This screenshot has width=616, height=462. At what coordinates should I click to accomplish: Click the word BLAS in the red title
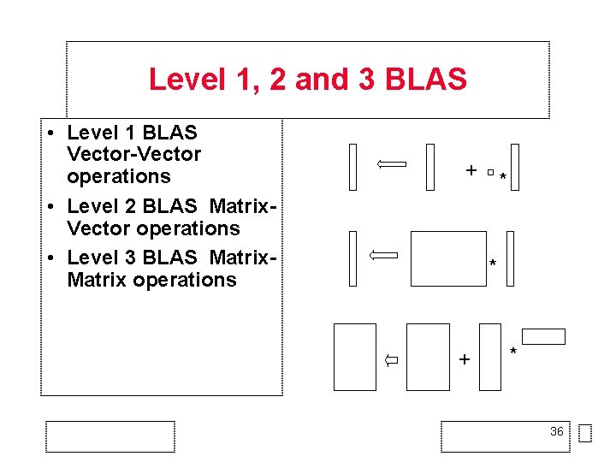pyautogui.click(x=425, y=80)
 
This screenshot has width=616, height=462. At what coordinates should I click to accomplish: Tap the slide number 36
pyautogui.click(x=556, y=431)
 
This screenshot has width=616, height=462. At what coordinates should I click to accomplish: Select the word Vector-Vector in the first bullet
pyautogui.click(x=133, y=155)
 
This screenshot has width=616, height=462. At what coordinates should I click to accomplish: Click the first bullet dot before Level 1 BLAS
pyautogui.click(x=52, y=133)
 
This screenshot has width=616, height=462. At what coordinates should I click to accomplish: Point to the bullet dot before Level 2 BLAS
pyautogui.click(x=52, y=207)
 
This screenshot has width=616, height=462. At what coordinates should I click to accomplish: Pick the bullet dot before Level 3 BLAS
pyautogui.click(x=52, y=258)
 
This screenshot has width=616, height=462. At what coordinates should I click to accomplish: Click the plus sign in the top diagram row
pyautogui.click(x=471, y=170)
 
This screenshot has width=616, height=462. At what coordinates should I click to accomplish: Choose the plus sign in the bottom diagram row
pyautogui.click(x=464, y=359)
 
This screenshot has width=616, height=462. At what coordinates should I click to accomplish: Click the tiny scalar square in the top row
pyautogui.click(x=490, y=174)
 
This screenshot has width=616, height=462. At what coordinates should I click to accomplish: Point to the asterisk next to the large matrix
pyautogui.click(x=492, y=264)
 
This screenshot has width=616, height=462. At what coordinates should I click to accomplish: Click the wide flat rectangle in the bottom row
pyautogui.click(x=543, y=336)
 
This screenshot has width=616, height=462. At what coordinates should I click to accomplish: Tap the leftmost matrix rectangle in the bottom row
pyautogui.click(x=354, y=357)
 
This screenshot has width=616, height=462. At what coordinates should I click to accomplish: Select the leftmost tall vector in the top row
pyautogui.click(x=352, y=167)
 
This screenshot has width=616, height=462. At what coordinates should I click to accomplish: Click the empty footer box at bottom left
pyautogui.click(x=110, y=436)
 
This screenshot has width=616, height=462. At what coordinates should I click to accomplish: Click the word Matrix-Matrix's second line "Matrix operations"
pyautogui.click(x=151, y=280)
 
